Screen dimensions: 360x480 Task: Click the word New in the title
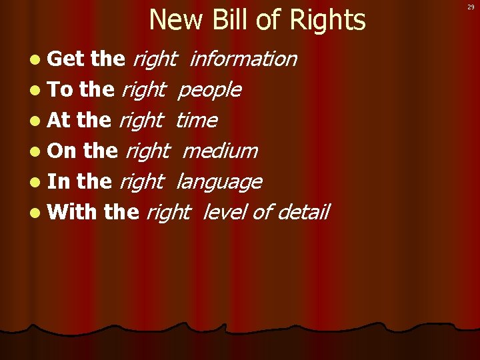tap(175, 20)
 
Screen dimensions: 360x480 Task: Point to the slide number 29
tap(471, 6)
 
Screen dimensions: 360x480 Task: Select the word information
tap(243, 59)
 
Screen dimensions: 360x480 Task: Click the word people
tap(210, 89)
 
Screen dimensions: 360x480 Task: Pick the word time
tap(196, 120)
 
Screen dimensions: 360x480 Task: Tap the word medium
tap(219, 151)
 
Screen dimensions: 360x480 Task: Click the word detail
tap(303, 212)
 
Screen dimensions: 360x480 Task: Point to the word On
tap(63, 151)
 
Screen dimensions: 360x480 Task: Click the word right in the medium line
tap(147, 151)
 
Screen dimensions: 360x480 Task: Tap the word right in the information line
tap(154, 59)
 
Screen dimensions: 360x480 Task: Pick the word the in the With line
tap(121, 212)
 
